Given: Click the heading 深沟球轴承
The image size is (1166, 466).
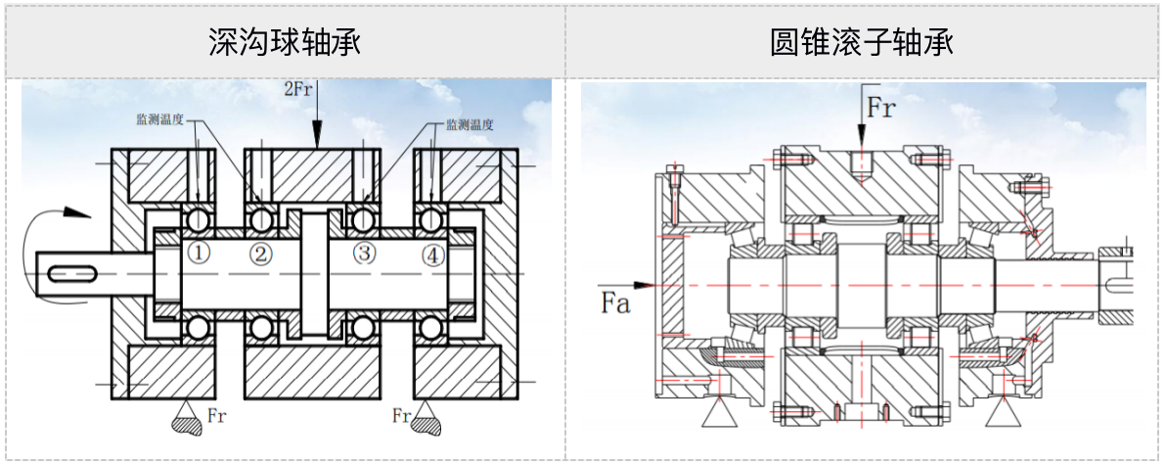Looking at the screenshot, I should click(x=285, y=43).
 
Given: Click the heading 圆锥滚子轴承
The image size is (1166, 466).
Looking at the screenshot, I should click(x=862, y=43).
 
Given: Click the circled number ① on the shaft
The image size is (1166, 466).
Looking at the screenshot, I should click(x=200, y=255).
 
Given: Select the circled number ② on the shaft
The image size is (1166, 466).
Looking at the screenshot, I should click(x=260, y=255).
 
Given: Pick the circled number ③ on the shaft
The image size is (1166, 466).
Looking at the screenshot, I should click(x=364, y=255).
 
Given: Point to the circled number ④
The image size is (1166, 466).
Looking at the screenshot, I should click(x=432, y=256).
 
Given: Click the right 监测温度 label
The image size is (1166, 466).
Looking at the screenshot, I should click(x=469, y=124).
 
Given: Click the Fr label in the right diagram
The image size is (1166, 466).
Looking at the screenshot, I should click(x=880, y=108).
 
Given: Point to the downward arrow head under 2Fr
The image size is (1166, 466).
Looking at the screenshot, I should click(x=317, y=137).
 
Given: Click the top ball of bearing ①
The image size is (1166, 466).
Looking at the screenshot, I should click(x=200, y=217).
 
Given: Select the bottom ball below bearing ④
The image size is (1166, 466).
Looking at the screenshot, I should click(x=431, y=327).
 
